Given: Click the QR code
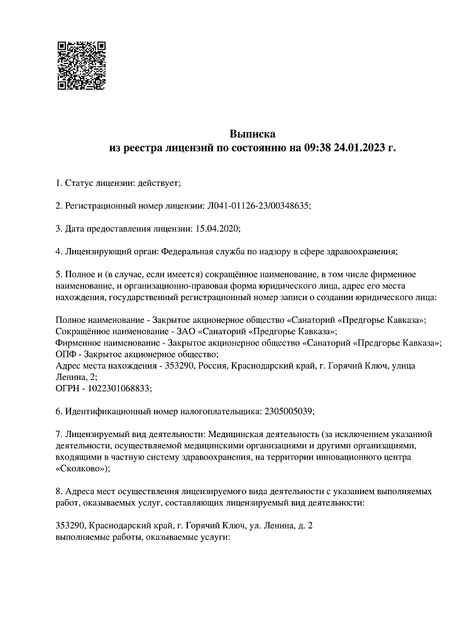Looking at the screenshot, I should (x=81, y=65).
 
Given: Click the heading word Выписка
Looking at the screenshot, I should (x=252, y=134).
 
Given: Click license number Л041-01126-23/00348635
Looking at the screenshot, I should (x=259, y=205).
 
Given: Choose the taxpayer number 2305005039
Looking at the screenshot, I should (x=287, y=411).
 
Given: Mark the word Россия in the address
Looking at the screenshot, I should (x=214, y=365).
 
